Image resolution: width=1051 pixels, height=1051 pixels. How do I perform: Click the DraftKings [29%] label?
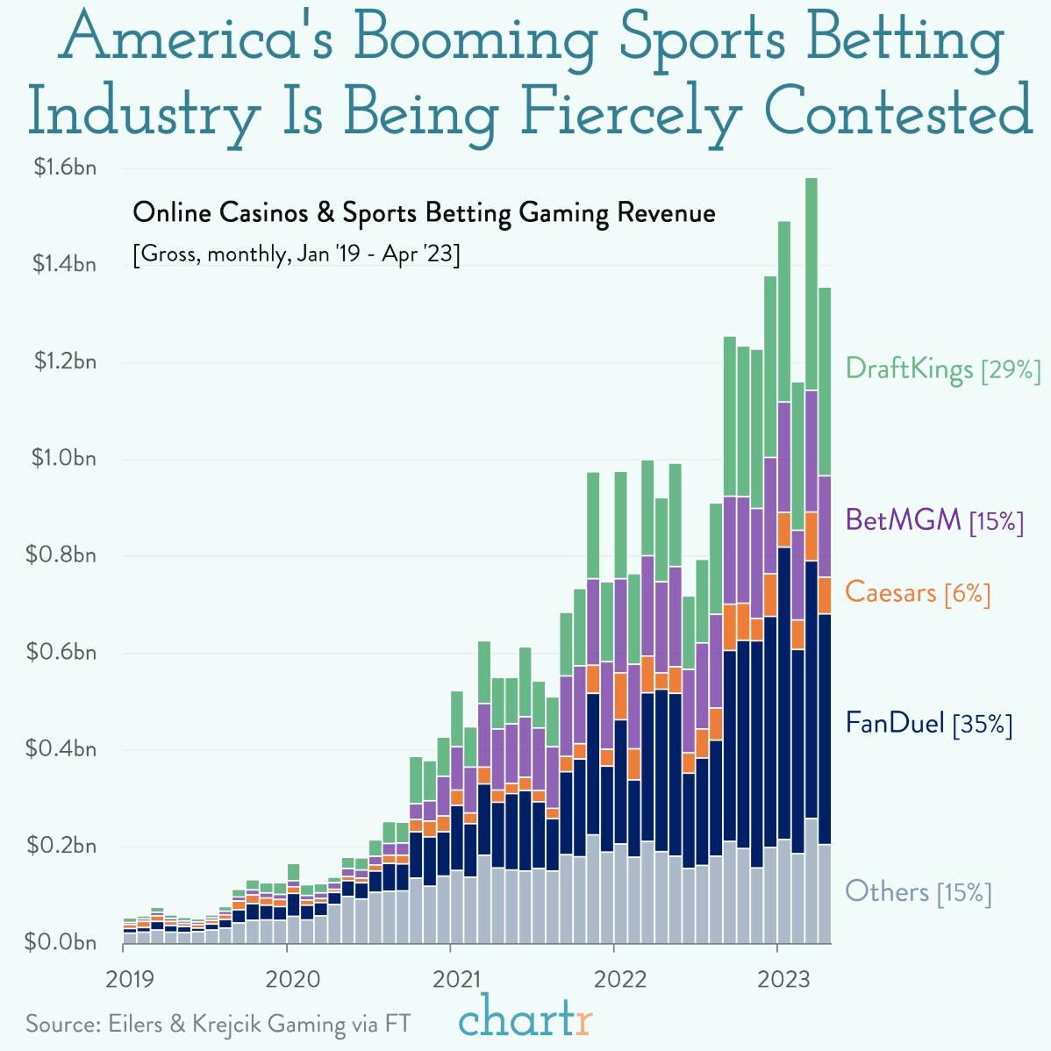(x=942, y=368)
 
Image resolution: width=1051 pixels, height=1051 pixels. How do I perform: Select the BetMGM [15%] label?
(x=934, y=520)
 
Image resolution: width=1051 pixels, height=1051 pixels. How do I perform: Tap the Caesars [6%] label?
(x=918, y=593)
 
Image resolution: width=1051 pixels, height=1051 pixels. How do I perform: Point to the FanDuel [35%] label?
(x=928, y=724)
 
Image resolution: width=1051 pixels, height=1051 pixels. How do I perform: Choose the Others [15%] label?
(x=918, y=892)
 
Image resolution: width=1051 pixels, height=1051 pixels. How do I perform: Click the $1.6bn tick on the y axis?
(x=64, y=168)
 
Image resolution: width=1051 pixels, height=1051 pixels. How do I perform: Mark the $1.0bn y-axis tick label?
(x=64, y=459)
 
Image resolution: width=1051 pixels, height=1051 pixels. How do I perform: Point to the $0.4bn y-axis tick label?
(x=64, y=749)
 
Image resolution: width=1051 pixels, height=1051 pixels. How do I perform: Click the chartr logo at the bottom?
(x=525, y=1019)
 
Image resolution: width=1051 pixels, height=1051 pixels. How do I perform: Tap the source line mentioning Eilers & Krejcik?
(x=218, y=1024)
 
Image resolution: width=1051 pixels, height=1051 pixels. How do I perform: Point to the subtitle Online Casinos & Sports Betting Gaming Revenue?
(x=424, y=213)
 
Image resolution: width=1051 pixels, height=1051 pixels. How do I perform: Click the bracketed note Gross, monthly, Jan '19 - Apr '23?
(x=296, y=255)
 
